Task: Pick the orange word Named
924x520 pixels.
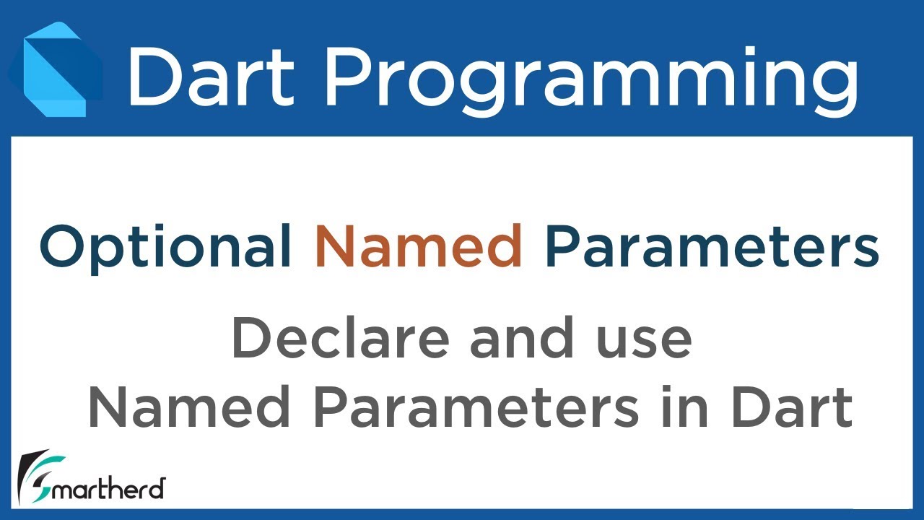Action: (x=419, y=246)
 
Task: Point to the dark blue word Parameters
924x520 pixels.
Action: (x=712, y=246)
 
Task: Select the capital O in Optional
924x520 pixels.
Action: (x=64, y=246)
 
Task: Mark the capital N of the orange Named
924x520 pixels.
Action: (x=333, y=246)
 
